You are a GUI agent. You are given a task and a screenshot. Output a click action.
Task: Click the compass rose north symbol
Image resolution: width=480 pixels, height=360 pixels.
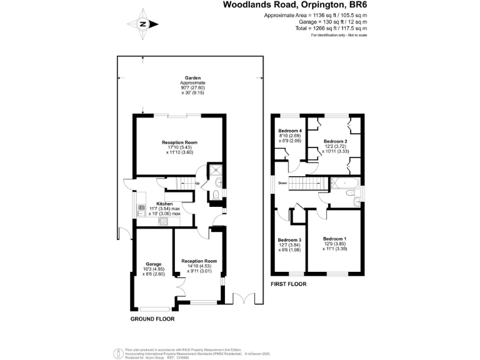tap(142, 24)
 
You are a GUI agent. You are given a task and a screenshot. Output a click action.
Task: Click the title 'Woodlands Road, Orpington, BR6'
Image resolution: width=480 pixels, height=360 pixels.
tap(295, 5)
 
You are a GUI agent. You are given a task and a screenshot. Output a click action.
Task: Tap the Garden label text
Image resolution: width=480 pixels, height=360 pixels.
tap(192, 77)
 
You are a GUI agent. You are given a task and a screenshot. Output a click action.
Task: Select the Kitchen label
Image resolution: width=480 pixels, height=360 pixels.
tap(164, 204)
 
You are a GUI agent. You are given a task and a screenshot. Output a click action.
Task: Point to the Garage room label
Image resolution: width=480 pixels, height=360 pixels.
tap(153, 264)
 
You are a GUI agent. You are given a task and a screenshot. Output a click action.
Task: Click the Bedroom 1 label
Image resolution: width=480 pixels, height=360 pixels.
tap(336, 239)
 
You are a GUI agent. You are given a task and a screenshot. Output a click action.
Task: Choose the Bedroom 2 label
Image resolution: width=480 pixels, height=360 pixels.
tap(335, 141)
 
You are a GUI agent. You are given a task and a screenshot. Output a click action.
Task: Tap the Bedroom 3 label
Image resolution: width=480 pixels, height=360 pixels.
tap(289, 240)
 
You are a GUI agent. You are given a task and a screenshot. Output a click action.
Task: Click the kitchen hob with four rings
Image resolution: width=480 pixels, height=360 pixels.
tap(164, 221)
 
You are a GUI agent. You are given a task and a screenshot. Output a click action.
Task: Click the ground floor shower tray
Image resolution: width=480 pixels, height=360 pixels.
tap(216, 169)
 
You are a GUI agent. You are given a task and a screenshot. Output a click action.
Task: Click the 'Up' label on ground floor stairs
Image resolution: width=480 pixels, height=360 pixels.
tap(197, 183)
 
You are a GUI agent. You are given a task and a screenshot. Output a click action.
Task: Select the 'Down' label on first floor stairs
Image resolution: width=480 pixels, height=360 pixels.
tap(282, 183)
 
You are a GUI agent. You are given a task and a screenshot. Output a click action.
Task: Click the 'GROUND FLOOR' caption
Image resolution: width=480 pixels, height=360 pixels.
tap(152, 319)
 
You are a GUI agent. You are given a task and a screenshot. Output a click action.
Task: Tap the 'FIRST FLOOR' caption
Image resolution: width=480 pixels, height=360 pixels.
tap(288, 284)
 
